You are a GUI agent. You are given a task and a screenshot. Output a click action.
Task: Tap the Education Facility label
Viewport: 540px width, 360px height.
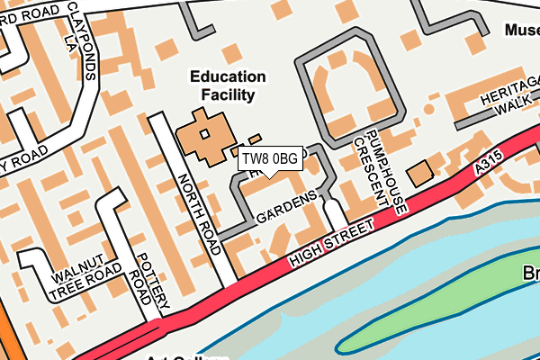(228, 85)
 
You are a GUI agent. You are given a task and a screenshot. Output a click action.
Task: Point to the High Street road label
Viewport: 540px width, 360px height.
(331, 245)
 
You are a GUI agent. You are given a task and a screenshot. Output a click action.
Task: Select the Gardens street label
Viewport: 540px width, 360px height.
(286, 208)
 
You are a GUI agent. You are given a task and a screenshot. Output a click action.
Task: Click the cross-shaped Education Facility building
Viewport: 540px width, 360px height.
(203, 135)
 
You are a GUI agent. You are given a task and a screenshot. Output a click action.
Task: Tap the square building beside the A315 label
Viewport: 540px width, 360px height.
(418, 174)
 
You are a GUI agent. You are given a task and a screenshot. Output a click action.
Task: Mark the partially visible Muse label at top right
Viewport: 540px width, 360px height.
(521, 30)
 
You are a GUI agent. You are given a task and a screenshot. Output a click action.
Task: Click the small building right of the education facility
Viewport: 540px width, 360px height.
(255, 139)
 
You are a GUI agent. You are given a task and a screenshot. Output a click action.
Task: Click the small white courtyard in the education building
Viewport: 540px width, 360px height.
(204, 134)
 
